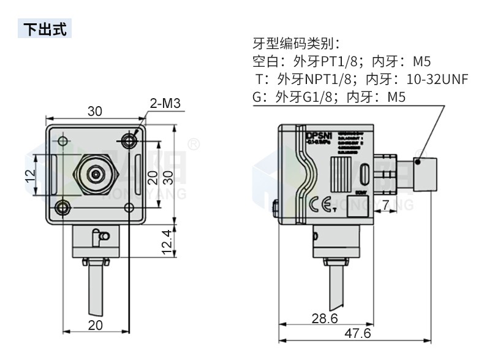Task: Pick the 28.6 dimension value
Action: pos(324,319)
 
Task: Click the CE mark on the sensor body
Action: pos(320,204)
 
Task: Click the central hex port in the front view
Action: pos(95,175)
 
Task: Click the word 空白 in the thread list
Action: pos(265,61)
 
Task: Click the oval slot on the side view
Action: pos(365,174)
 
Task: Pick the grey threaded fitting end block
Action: pos(423,173)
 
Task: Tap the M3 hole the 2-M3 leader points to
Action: pos(129,141)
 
